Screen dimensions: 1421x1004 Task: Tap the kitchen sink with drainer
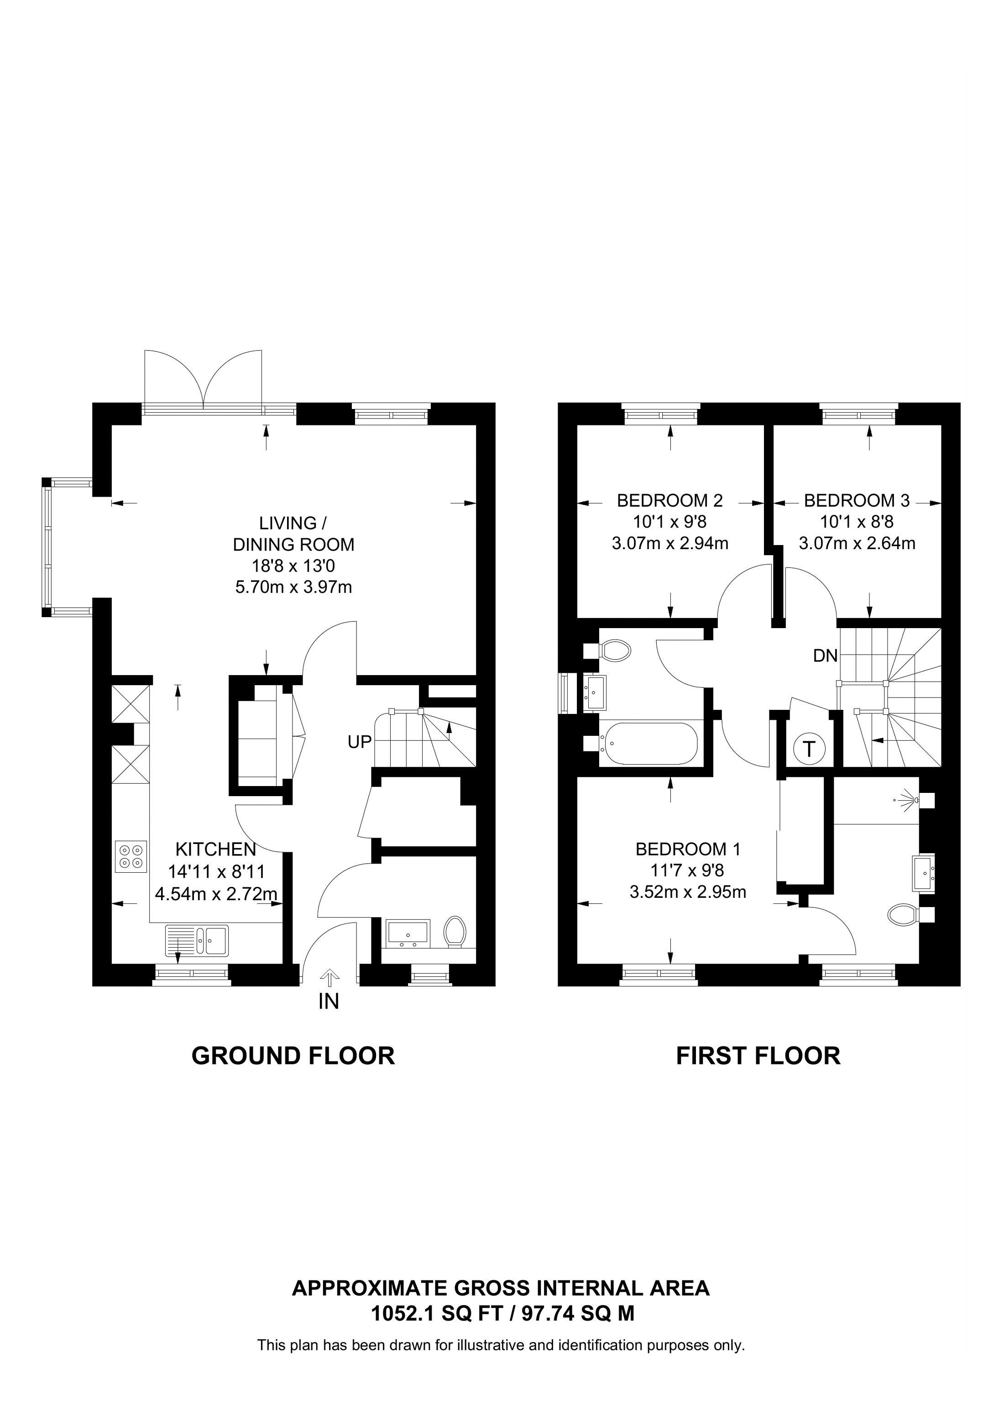coord(197,940)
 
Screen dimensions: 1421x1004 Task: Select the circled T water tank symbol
coord(809,750)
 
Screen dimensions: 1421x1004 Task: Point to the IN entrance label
coord(329,1002)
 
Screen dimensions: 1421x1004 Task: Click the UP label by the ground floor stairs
coord(360,742)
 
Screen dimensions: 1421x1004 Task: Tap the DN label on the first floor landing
coord(825,656)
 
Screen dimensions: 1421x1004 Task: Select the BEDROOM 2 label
coord(669,500)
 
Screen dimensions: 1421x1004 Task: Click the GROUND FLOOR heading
coord(293,1055)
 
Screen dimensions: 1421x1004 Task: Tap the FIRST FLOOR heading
coord(758,1055)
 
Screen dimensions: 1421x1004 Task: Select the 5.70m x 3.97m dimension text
coord(293,587)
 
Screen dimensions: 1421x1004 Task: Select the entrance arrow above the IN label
coord(329,978)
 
